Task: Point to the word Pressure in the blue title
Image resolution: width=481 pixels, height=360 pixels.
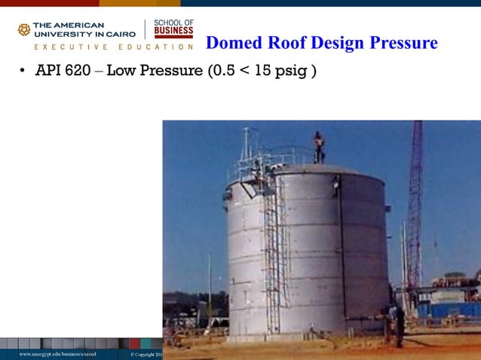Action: [404, 43]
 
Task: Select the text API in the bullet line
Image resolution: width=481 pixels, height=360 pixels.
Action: [51, 72]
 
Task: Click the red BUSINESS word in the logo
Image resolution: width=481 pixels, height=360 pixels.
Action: [173, 33]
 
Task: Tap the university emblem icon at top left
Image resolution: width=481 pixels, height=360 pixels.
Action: [24, 29]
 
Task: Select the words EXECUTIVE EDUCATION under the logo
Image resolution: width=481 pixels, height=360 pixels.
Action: [106, 47]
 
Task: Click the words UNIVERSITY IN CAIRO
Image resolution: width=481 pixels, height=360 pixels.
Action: [84, 34]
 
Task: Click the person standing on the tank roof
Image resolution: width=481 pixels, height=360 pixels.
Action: [319, 148]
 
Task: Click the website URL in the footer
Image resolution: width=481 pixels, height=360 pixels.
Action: [58, 353]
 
